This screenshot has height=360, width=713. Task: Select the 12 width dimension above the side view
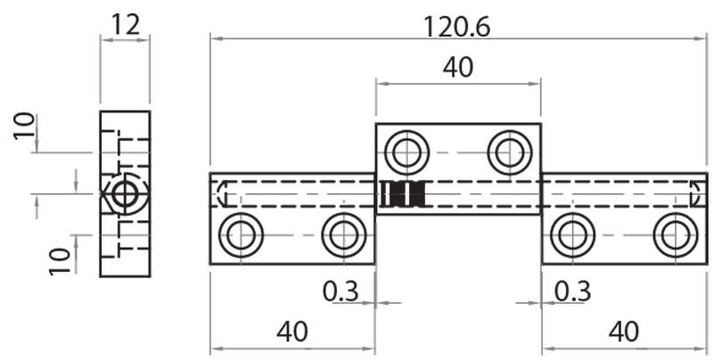[x=125, y=24]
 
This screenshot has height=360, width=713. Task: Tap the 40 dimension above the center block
[x=458, y=68]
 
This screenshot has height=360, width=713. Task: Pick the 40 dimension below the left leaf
[x=291, y=331]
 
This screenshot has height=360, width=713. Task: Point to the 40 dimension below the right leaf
[x=624, y=331]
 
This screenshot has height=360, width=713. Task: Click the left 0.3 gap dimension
[x=342, y=290]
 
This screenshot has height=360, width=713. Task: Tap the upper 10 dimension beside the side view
[x=25, y=127]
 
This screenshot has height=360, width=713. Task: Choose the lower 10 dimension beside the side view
[x=59, y=259]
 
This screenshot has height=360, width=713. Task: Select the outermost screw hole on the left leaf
[x=240, y=236]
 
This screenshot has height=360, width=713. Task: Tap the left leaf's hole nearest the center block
[x=342, y=236]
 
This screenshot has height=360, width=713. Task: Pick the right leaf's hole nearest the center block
[x=572, y=236]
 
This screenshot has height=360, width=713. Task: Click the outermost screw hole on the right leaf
[x=675, y=236]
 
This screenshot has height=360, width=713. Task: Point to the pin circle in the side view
[x=124, y=193]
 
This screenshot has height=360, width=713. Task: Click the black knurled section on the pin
[x=404, y=194]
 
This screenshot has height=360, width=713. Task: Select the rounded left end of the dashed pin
[x=221, y=194]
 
